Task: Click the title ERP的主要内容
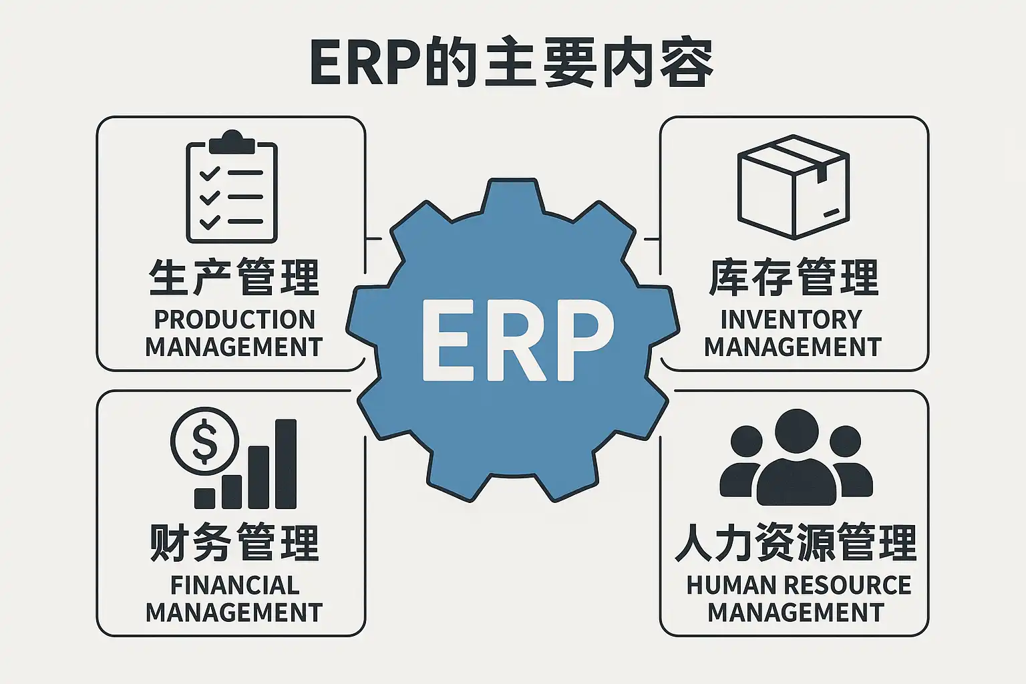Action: coord(512,63)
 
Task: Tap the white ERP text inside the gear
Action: coord(518,340)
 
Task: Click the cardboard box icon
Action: coord(793,187)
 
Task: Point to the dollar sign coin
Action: coord(204,441)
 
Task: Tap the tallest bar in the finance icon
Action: coord(286,464)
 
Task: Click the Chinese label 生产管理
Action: coord(234,277)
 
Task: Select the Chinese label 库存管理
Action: coord(793,277)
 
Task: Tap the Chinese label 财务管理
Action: coord(234,542)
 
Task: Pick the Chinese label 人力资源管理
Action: coord(796,542)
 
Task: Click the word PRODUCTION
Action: coord(234,320)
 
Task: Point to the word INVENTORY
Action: coord(792,320)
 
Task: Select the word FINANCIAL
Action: coord(234,585)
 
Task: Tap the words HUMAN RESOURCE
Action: coord(798,585)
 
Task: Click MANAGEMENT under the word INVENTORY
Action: coord(793,347)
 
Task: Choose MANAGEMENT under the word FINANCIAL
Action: coord(234,613)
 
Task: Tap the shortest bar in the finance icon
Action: coord(204,498)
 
